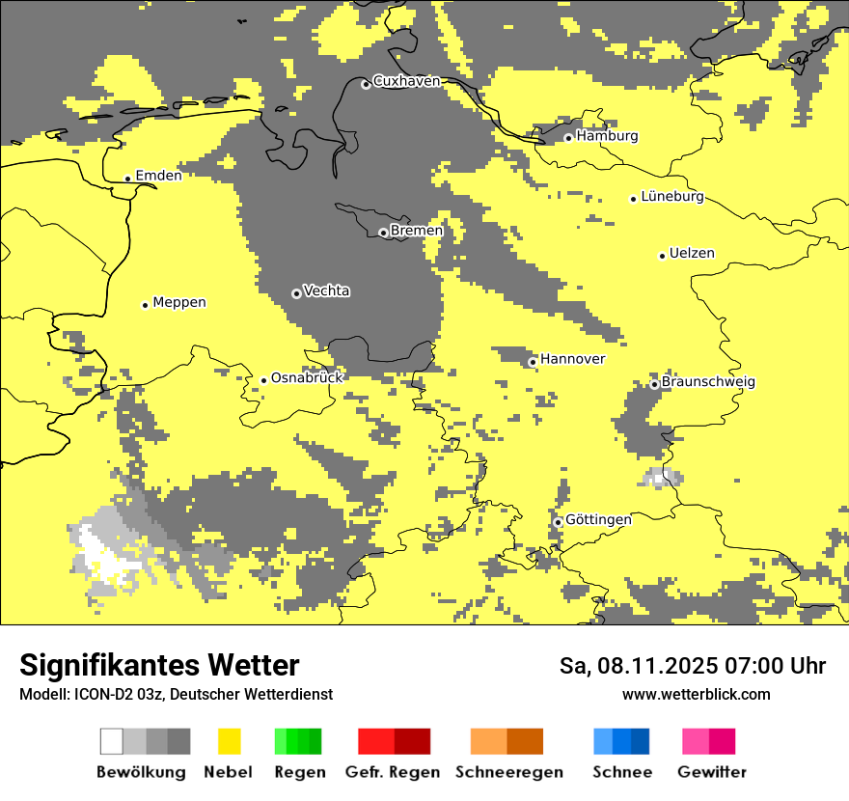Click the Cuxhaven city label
click(406, 81)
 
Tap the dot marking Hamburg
click(568, 138)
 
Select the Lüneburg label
click(672, 197)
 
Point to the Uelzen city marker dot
click(662, 256)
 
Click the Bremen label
click(417, 231)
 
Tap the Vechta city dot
click(296, 293)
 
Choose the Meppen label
click(179, 302)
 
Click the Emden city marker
click(127, 179)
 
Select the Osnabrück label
click(307, 377)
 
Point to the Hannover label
click(573, 359)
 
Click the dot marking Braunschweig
click(654, 384)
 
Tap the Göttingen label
click(598, 519)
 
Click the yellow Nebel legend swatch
click(230, 741)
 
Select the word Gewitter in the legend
click(712, 772)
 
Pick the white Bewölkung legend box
click(112, 741)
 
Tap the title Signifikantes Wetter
click(159, 665)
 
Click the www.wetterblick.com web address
click(696, 695)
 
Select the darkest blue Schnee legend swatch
click(641, 741)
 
